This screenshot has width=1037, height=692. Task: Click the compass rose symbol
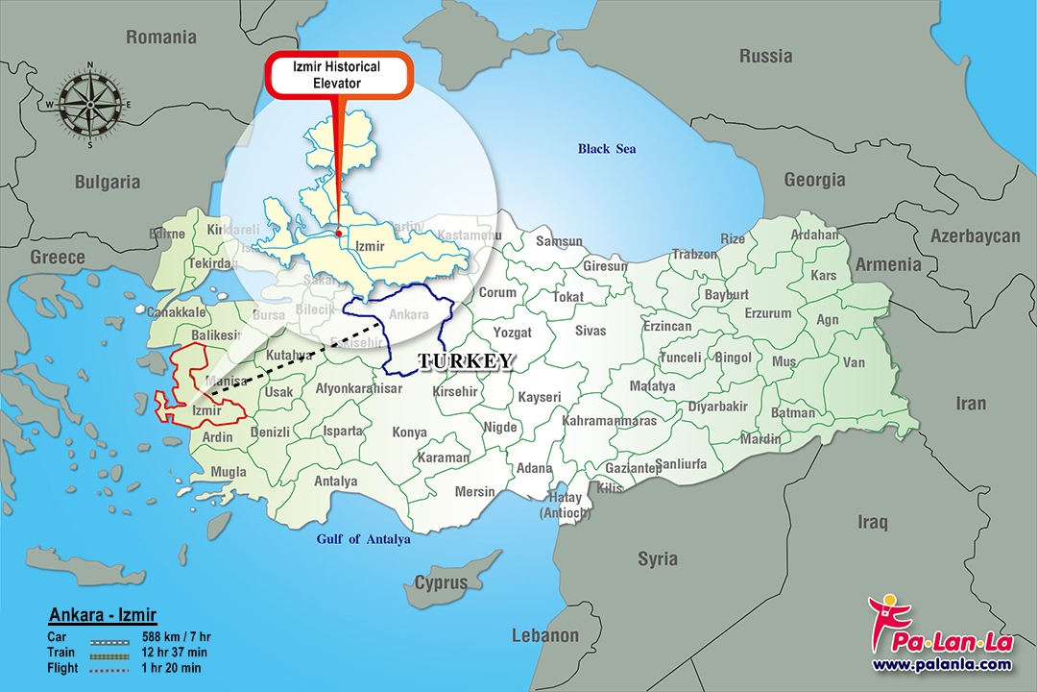click(90, 106)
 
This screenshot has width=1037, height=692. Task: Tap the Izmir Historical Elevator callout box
click(336, 75)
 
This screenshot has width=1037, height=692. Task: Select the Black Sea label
click(606, 149)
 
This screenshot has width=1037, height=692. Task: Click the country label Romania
click(161, 37)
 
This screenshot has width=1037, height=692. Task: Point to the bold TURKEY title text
click(466, 361)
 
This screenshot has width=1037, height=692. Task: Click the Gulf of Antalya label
click(364, 539)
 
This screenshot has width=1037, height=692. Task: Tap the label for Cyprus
click(441, 582)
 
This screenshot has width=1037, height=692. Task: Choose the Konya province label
click(410, 432)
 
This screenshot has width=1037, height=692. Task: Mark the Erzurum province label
click(768, 313)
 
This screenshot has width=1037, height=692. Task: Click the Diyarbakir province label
click(717, 407)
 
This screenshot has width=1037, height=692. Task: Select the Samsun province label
click(559, 241)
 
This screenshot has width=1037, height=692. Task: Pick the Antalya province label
click(335, 482)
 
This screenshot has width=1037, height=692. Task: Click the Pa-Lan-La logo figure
click(884, 619)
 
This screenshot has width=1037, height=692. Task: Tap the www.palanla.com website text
click(941, 664)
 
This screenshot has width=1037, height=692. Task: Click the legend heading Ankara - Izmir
click(102, 615)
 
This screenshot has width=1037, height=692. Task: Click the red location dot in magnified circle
click(339, 233)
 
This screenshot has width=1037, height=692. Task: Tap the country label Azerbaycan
click(975, 236)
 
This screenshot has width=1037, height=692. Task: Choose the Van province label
click(854, 363)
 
